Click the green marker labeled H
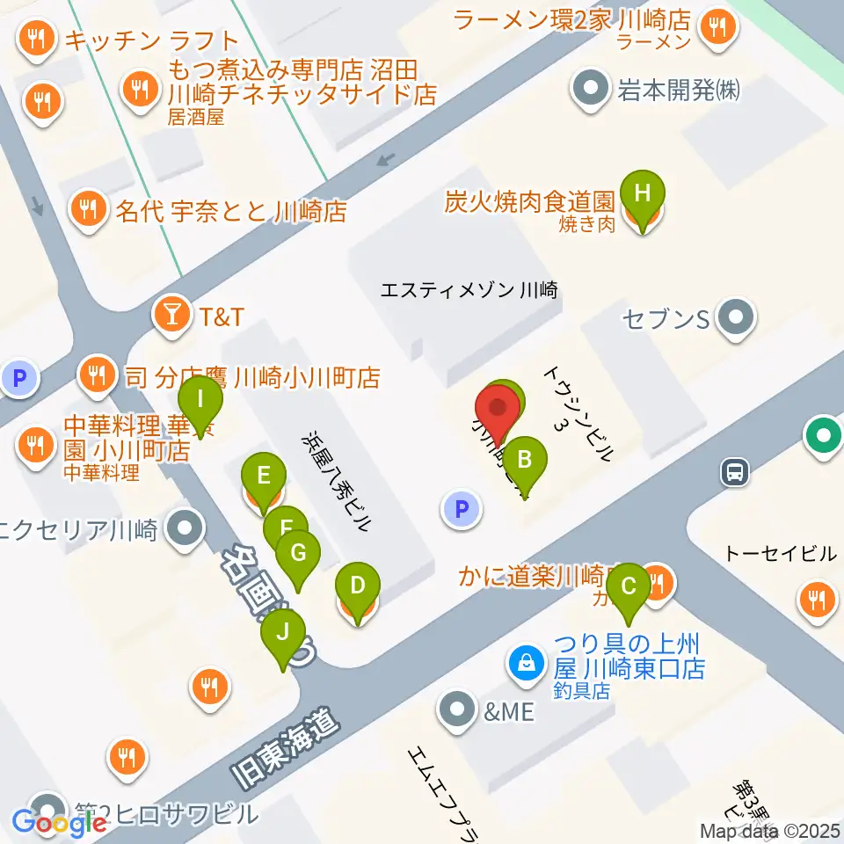coord(643,193)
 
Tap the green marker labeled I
coord(200,400)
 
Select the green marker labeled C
coord(629,586)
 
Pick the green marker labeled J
coord(283,632)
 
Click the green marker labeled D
coord(358,586)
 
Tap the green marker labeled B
coord(525,459)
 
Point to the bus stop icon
coord(735,473)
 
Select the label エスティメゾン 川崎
coord(469,289)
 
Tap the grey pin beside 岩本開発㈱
coord(589,90)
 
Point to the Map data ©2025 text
coord(769,830)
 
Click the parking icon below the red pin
coord(462,508)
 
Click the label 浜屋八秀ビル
coord(337,481)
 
